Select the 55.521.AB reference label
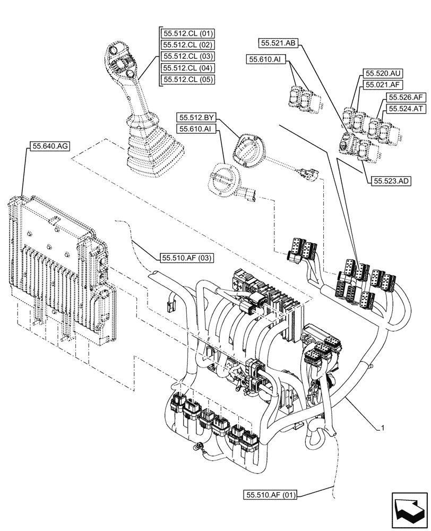coord(278,42)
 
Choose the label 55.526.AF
coord(406,97)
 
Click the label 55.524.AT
coord(406,108)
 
